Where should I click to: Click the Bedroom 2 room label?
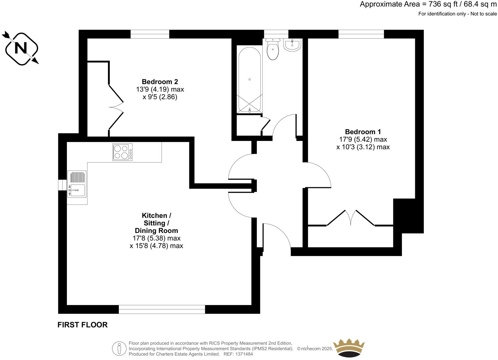point(160,82)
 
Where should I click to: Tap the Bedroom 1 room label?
point(363,132)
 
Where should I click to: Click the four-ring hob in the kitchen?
point(123,152)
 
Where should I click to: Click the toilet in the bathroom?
point(273,50)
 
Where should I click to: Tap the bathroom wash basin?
point(292,45)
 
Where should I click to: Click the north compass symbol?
point(21,49)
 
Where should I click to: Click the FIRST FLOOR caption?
point(82,325)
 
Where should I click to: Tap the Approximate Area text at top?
point(428,4)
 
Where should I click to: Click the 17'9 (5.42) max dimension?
point(363,139)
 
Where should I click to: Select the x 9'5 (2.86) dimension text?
point(160,97)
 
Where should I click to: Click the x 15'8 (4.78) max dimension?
point(156,246)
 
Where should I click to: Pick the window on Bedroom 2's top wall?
point(150,34)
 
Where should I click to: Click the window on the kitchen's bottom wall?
point(162,309)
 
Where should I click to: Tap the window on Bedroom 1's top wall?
point(361,34)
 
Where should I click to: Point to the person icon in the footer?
point(119,348)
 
